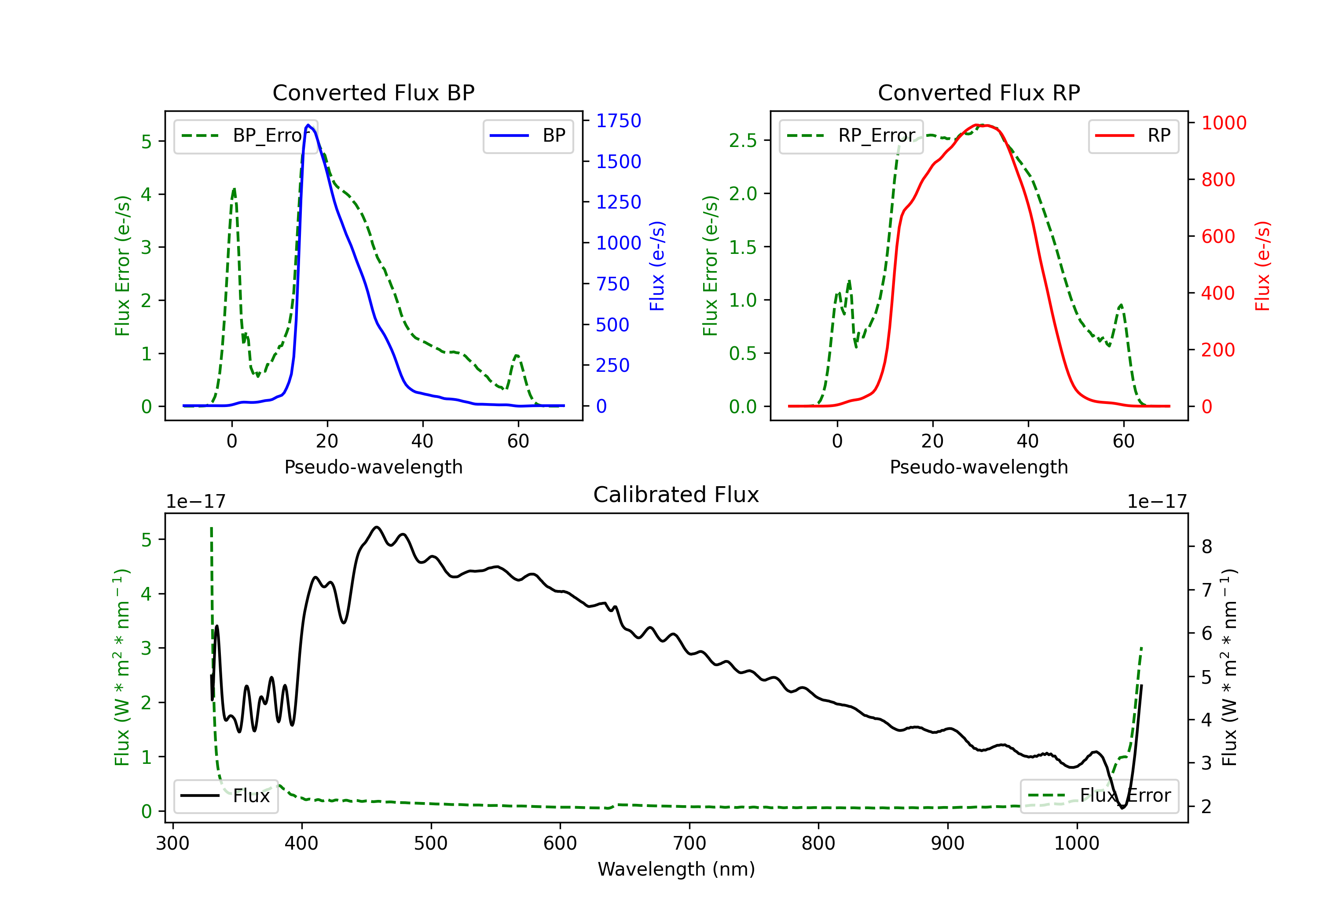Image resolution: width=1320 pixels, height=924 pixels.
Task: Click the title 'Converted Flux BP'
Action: [373, 92]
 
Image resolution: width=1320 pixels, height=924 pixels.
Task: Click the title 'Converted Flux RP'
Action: [979, 92]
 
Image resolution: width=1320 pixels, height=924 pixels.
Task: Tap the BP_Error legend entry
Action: [246, 136]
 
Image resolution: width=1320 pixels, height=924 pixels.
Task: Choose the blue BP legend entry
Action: [528, 136]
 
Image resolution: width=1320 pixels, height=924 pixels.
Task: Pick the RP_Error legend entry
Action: [851, 136]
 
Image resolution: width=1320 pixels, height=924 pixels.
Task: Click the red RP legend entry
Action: [1133, 136]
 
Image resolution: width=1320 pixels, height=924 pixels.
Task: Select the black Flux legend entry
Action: [225, 796]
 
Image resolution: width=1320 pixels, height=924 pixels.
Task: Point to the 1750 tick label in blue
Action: [618, 121]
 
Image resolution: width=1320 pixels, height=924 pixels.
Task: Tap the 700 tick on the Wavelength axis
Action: [689, 843]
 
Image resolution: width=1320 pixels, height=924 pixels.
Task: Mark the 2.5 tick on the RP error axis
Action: [743, 140]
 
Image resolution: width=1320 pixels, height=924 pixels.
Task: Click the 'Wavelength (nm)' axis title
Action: [676, 869]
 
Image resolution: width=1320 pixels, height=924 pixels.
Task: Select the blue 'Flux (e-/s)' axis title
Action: [656, 266]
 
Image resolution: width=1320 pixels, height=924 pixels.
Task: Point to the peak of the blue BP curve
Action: [308, 125]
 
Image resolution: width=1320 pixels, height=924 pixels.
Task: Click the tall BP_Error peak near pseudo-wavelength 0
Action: [234, 189]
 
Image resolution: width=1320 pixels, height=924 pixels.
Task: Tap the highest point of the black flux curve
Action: [377, 527]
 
